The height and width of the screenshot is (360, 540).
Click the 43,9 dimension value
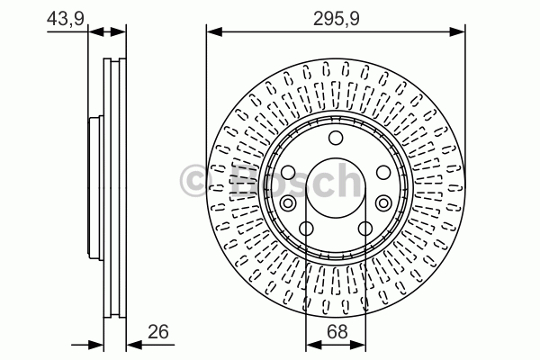[x=66, y=18]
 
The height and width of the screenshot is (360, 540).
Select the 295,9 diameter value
[x=336, y=19]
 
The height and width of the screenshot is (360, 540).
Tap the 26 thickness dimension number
[x=158, y=332]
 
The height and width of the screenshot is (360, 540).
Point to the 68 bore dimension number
[x=337, y=332]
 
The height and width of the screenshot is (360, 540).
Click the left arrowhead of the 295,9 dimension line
[x=214, y=32]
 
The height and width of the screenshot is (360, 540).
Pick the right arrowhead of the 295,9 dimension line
[x=457, y=32]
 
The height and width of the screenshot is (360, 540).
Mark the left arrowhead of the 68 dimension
[x=313, y=345]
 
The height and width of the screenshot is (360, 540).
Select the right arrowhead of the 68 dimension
[x=358, y=345]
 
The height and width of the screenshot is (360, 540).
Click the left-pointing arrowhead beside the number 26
[x=134, y=345]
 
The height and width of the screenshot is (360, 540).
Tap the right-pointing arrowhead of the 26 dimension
[x=95, y=345]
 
